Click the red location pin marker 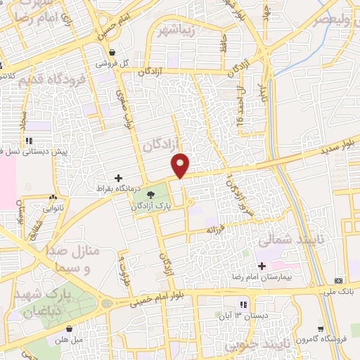click(181, 165)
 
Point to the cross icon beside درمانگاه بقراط click(118, 178)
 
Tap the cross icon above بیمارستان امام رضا click(262, 266)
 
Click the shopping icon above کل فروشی click(112, 51)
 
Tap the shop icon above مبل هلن click(70, 328)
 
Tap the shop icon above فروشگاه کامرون click(321, 328)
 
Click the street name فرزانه click(214, 230)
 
